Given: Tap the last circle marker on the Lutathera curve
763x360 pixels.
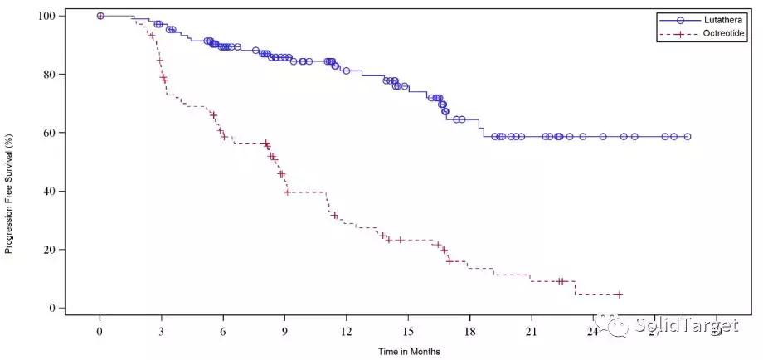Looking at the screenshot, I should point(688,137).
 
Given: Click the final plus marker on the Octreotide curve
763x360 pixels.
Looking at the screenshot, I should point(618,294).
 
